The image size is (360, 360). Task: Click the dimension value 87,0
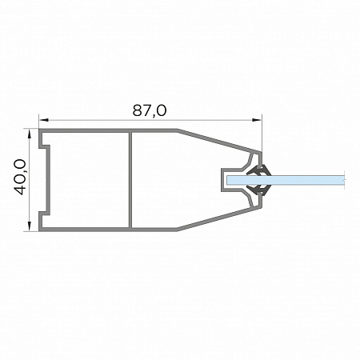(x=150, y=110)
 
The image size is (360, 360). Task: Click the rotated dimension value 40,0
(x=20, y=177)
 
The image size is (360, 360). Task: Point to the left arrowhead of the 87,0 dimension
(x=44, y=120)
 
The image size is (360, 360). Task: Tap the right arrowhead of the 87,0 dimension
(x=257, y=120)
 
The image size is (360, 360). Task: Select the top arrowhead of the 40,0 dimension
(x=29, y=134)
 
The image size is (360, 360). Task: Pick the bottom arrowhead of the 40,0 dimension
(x=29, y=226)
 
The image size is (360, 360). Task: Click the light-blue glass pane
(x=286, y=180)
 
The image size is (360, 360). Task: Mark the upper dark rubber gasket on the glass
(x=259, y=170)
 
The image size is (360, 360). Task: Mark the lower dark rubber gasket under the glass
(x=259, y=190)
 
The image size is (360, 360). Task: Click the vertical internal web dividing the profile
(x=130, y=180)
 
